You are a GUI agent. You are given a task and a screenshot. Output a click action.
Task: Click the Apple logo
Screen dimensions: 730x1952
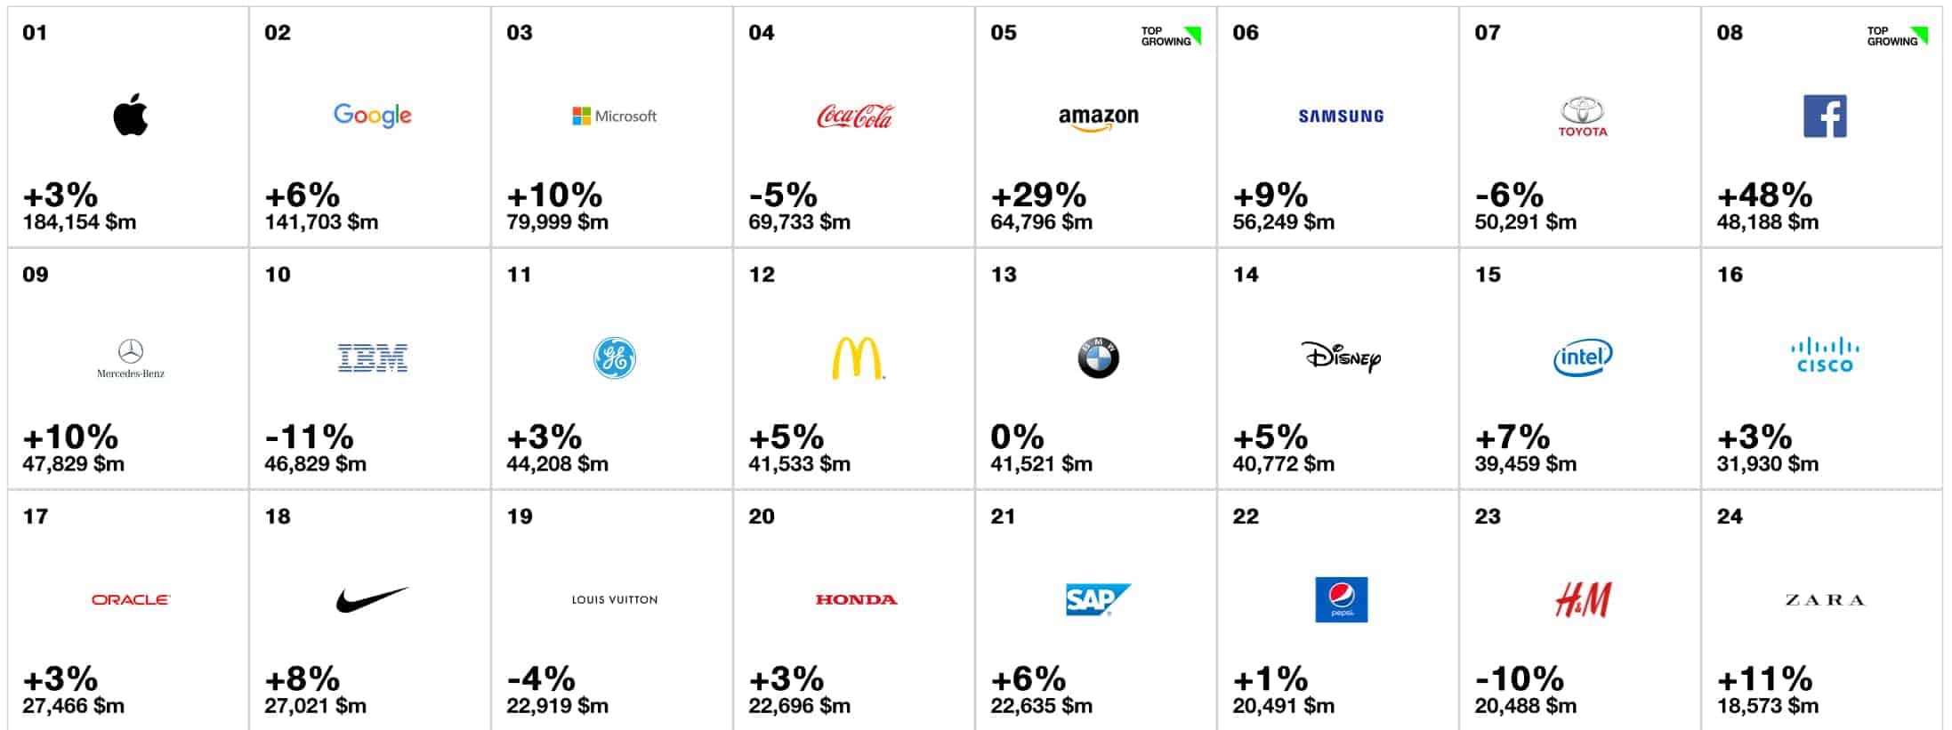tap(130, 115)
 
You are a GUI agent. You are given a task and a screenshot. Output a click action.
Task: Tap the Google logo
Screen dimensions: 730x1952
tap(372, 116)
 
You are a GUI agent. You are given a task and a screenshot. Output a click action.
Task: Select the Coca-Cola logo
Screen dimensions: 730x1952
tap(855, 116)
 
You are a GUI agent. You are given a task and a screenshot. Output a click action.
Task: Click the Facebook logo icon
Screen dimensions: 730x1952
tap(1825, 116)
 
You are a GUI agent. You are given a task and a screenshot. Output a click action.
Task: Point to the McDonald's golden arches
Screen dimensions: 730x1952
tap(857, 358)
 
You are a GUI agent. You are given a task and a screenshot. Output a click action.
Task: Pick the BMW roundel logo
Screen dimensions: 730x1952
tap(1098, 358)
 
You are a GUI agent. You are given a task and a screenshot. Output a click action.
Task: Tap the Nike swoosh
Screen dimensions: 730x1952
tap(372, 599)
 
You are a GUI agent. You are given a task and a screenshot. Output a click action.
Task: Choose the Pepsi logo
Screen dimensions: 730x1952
tap(1341, 599)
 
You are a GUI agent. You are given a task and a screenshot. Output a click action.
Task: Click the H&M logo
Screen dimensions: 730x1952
tap(1583, 600)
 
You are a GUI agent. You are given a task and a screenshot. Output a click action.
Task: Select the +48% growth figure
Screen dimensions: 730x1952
tap(1764, 195)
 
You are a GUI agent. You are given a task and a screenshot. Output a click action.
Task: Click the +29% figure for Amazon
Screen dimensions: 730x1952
tap(1038, 195)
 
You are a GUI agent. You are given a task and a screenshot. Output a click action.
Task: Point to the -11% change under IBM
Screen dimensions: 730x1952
tap(309, 437)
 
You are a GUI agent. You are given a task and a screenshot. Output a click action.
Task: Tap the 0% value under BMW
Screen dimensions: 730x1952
tap(1017, 437)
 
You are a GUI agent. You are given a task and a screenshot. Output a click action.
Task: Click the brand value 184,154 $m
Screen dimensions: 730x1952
tap(79, 222)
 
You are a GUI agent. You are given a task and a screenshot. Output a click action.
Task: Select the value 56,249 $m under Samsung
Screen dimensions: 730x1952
tap(1283, 222)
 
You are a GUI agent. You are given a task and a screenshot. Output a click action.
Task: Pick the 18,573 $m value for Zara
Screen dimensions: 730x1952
tap(1767, 706)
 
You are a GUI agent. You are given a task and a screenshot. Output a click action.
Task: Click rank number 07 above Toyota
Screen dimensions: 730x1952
tap(1488, 33)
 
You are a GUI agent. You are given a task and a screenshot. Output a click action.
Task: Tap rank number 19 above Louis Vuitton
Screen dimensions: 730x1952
tap(520, 517)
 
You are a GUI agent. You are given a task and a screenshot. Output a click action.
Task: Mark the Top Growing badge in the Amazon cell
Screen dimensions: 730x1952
tap(1171, 36)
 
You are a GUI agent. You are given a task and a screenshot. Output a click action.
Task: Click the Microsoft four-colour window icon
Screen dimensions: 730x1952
tap(581, 116)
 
